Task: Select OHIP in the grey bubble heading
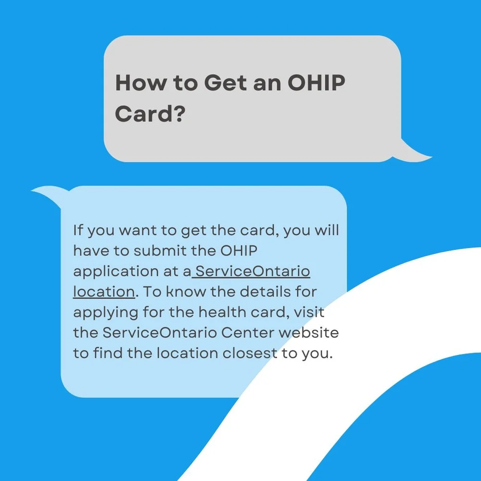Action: pos(316,83)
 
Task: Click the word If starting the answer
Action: pos(78,230)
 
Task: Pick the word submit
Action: pos(160,251)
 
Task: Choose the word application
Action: pos(114,272)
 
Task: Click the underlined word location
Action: pos(103,292)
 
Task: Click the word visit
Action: pos(309,312)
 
